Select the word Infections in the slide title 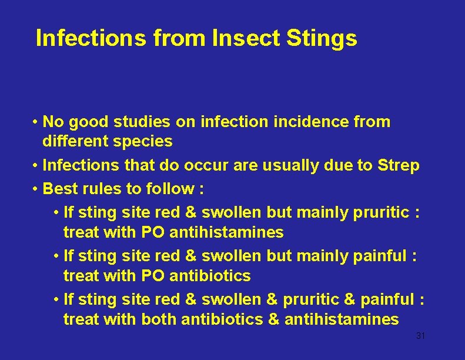[90, 38]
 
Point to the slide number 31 [420, 336]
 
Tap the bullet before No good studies [36, 122]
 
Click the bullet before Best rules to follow [36, 189]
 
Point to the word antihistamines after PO [226, 232]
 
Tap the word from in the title [180, 38]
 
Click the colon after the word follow [200, 190]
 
